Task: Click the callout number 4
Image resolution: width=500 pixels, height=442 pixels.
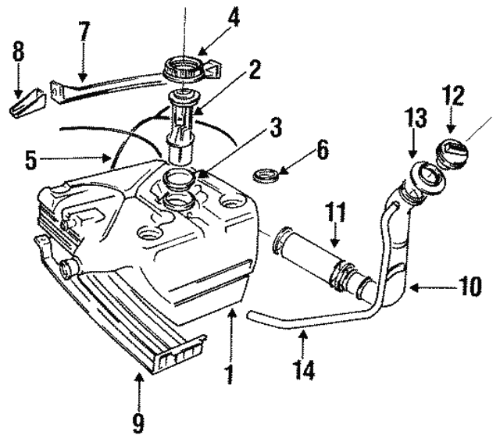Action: [233, 17]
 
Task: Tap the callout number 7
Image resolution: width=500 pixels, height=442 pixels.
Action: [84, 31]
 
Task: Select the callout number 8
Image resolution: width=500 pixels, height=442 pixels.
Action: [18, 52]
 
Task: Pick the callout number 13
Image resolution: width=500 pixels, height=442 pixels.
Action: [416, 118]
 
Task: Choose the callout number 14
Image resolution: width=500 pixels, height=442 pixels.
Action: [304, 369]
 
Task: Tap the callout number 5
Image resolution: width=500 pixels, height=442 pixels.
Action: [31, 160]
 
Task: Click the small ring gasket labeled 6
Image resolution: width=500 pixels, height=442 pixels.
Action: [266, 176]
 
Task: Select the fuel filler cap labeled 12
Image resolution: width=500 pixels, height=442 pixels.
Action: [452, 155]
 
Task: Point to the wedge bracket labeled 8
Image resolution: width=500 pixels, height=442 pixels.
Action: [27, 103]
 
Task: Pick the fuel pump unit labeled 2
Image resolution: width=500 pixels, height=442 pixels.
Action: [180, 127]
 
